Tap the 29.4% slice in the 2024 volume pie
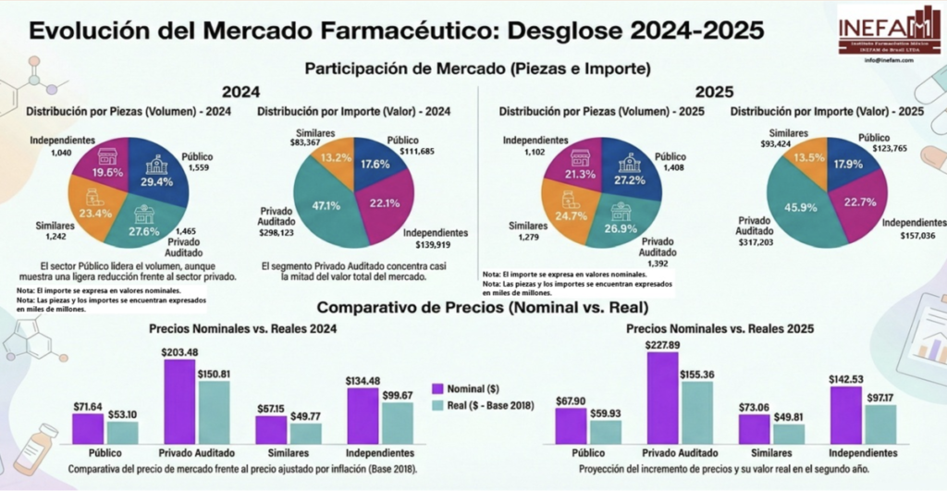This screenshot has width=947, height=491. click(154, 178)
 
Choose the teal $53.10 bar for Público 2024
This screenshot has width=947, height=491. click(122, 432)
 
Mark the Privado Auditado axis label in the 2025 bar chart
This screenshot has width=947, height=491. click(680, 453)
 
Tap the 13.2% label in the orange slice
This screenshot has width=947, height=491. click(335, 158)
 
